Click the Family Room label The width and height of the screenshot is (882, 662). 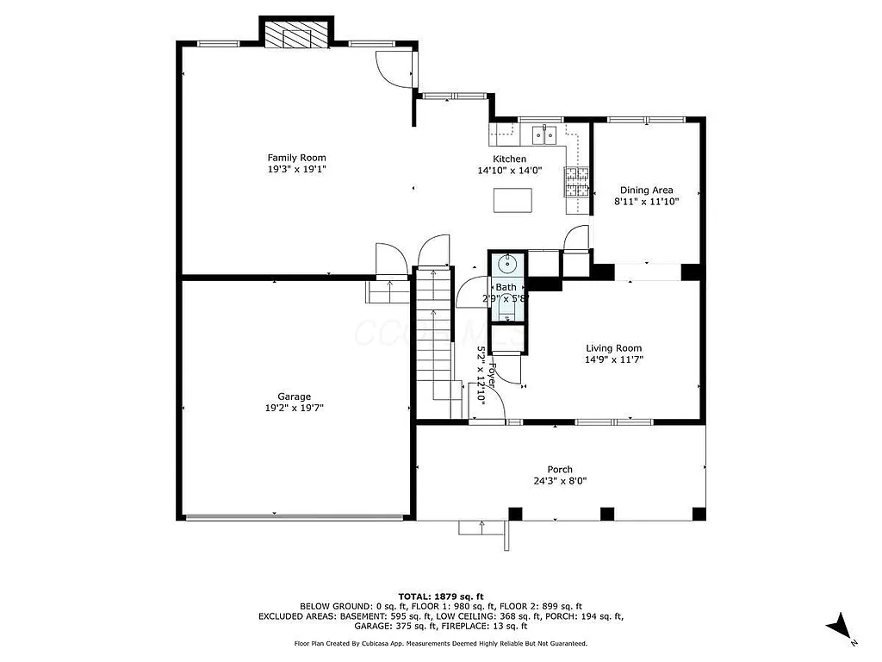[296, 158]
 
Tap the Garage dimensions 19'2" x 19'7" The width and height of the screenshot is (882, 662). [294, 409]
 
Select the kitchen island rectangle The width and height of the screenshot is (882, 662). [513, 200]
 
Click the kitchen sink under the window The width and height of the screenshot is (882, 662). [543, 134]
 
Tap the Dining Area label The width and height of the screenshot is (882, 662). [646, 190]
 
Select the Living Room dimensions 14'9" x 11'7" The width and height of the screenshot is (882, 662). [615, 360]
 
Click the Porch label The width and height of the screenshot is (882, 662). [560, 470]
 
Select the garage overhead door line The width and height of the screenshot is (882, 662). [294, 517]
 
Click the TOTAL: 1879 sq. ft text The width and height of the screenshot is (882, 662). [441, 596]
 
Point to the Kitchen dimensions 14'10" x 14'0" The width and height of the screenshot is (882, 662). [509, 171]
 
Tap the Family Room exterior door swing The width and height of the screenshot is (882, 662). [392, 69]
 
